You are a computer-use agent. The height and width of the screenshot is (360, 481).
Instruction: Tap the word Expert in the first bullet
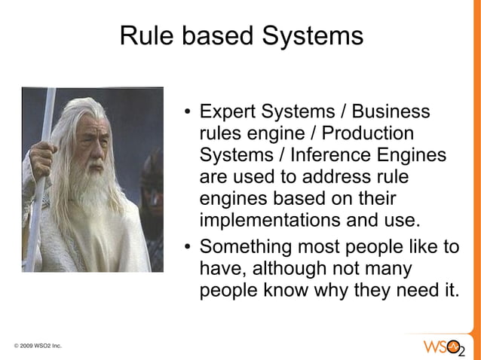pos(227,114)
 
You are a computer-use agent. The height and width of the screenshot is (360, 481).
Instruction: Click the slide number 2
pos(462,352)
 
